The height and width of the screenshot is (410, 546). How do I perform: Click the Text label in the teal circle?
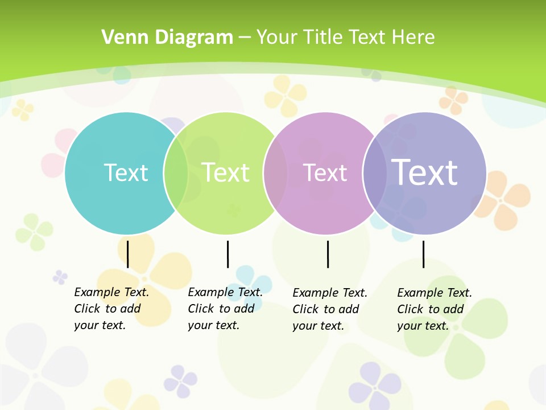click(x=126, y=173)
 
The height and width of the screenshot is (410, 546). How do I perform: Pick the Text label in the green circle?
click(x=225, y=173)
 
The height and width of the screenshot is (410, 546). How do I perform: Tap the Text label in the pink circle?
click(x=325, y=173)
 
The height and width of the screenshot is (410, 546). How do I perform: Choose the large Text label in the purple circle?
click(x=425, y=172)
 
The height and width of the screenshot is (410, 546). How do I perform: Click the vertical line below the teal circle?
click(x=128, y=254)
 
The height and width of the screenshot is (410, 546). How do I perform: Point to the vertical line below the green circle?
click(x=227, y=254)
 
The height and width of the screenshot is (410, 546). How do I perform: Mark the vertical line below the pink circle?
click(x=328, y=254)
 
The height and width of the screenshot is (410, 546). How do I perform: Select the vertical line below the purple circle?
click(x=423, y=254)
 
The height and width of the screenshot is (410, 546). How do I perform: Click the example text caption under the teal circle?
click(x=111, y=309)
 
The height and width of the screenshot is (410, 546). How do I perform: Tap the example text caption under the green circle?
click(x=225, y=309)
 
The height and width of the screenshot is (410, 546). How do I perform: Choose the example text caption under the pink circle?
click(x=329, y=309)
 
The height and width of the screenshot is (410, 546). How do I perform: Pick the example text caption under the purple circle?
click(x=434, y=309)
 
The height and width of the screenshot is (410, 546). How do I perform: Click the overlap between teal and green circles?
click(x=176, y=173)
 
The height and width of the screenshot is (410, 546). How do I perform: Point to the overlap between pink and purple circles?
click(x=375, y=173)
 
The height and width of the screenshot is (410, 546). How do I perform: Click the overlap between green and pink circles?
click(x=275, y=173)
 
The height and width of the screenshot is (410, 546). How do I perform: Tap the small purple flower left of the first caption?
click(x=60, y=277)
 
